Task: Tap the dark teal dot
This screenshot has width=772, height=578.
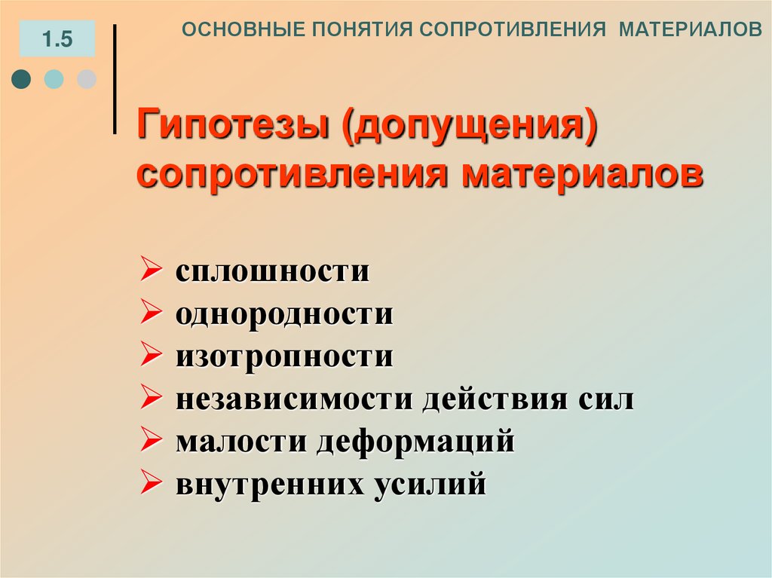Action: click(22, 79)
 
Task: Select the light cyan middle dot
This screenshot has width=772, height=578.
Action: click(54, 79)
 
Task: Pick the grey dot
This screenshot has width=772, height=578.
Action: click(87, 79)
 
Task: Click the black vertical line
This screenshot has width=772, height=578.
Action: click(115, 79)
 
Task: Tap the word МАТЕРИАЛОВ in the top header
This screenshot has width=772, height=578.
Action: click(691, 29)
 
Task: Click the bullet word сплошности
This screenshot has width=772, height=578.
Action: click(273, 271)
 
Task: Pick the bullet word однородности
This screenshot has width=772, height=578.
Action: click(285, 314)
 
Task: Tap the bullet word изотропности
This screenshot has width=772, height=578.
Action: click(285, 356)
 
